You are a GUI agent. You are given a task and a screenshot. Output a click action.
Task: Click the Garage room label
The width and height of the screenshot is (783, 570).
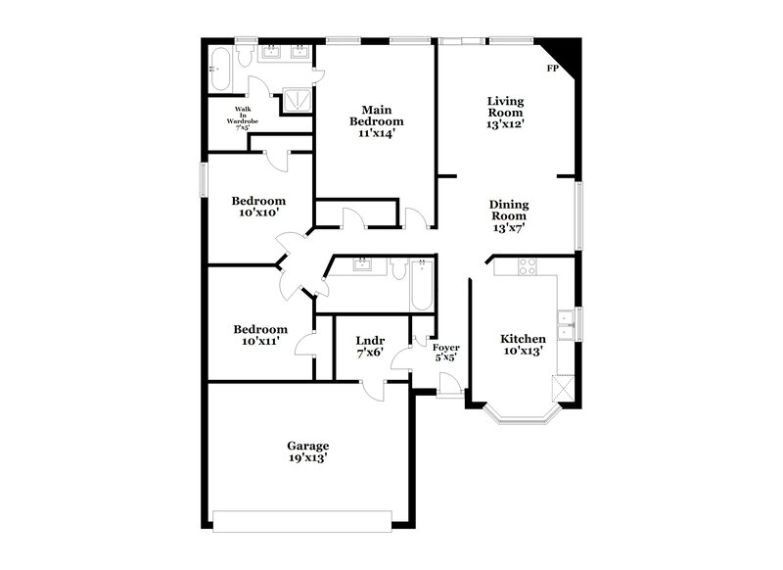tap(307, 446)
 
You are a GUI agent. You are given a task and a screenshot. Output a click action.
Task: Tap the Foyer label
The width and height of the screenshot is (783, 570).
tap(445, 346)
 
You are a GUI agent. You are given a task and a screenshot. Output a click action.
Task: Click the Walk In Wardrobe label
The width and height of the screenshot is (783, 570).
tap(242, 116)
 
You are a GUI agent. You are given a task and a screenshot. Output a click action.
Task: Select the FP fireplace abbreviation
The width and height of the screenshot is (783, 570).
tap(552, 69)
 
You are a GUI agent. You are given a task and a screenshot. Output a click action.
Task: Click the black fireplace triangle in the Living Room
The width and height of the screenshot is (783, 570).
tap(565, 57)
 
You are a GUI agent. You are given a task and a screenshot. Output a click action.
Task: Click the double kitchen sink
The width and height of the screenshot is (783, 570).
tap(566, 317)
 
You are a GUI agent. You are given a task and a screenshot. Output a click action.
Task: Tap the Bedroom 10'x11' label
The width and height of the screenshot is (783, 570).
tap(260, 335)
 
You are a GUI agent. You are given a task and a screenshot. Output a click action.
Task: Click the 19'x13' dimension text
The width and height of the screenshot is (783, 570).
tap(307, 458)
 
